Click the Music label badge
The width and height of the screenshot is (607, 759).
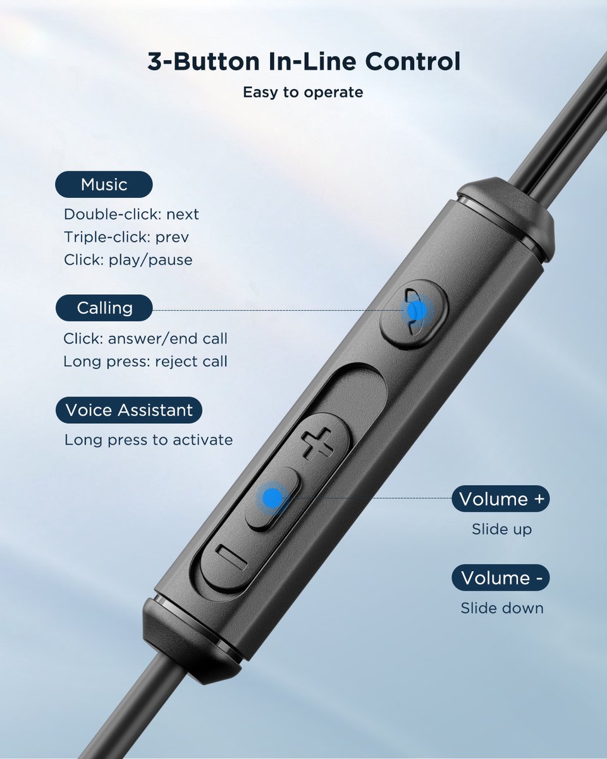104,185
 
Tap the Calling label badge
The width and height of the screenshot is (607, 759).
104,308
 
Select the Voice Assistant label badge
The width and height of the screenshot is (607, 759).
129,410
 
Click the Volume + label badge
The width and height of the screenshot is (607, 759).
501,498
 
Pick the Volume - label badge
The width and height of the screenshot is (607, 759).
501,577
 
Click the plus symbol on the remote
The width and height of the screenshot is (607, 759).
317,443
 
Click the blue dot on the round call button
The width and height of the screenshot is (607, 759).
417,311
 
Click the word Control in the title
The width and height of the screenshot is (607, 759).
413,62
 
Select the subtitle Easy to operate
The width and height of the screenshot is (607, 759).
303,92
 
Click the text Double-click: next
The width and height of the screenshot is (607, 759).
132,214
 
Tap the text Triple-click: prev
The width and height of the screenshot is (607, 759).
126,237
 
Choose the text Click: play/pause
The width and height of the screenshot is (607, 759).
128,261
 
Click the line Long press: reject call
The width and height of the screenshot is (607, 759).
145,362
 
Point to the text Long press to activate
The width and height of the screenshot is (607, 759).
149,440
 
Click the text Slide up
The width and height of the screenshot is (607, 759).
501,529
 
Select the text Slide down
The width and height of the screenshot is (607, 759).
502,608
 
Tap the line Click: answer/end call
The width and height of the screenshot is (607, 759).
145,338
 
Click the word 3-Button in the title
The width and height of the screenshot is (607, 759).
204,62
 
